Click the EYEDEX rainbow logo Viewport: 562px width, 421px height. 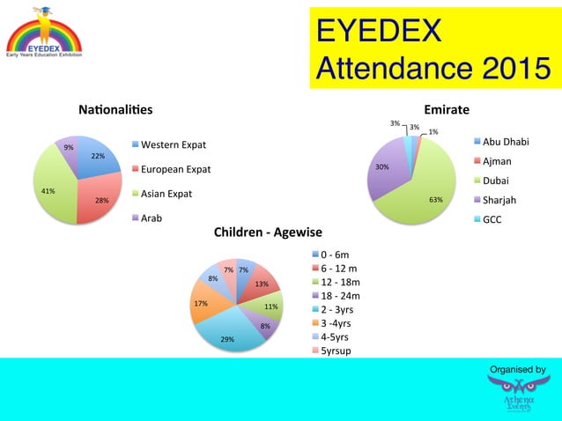click(x=43, y=34)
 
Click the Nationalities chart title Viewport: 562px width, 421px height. click(x=115, y=110)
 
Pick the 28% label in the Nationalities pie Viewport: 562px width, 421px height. click(x=102, y=201)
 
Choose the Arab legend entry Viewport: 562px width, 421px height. click(x=156, y=218)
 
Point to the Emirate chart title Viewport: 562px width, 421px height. click(x=447, y=110)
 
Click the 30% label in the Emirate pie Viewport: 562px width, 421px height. click(x=382, y=166)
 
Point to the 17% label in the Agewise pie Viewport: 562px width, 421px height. click(x=201, y=304)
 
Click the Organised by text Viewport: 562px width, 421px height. click(x=517, y=369)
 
